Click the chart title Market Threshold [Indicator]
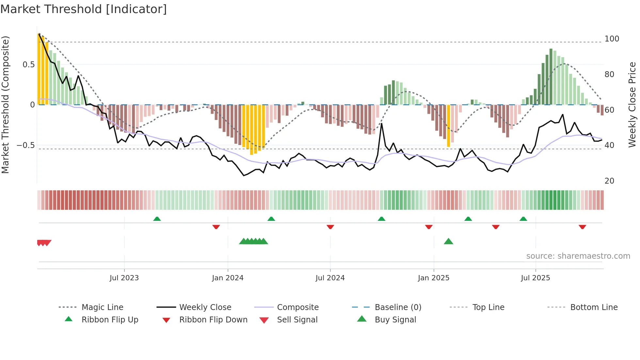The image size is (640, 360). point(84,9)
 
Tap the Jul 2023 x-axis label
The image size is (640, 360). point(124,278)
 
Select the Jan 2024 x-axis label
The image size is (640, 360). point(228,278)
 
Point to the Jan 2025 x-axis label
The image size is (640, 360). point(434,278)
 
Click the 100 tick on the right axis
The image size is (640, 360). point(612,39)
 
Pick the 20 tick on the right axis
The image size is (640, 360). point(609,181)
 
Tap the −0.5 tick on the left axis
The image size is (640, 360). point(26,145)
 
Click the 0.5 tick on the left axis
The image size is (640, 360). point(28,65)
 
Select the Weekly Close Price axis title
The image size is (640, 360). point(632,105)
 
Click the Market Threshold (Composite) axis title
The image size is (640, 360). point(6,105)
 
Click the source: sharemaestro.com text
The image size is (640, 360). point(578,256)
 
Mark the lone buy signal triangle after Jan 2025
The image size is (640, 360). point(448,241)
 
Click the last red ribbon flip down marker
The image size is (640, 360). point(582,227)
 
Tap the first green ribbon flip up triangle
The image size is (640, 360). point(157,219)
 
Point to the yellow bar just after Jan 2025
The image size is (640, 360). point(448,126)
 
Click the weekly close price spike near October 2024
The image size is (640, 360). point(381,124)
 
